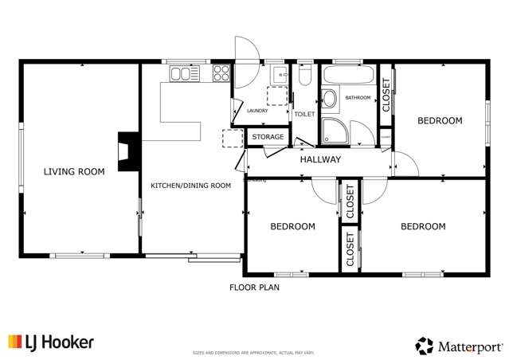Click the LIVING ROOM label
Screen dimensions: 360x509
click(x=74, y=171)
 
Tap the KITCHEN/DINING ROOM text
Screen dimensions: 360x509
click(x=191, y=186)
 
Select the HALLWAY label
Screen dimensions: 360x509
click(x=320, y=160)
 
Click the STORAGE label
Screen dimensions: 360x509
click(x=268, y=138)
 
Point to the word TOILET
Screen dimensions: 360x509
click(x=304, y=115)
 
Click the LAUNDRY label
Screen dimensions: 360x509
click(x=257, y=111)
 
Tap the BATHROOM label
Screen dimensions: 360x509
click(x=358, y=98)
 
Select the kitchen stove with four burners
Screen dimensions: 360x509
click(x=221, y=74)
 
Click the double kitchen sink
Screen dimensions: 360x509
click(x=183, y=74)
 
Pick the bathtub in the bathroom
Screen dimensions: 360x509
click(x=347, y=76)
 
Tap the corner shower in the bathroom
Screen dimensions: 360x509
click(x=334, y=132)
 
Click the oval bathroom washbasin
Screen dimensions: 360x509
click(x=329, y=100)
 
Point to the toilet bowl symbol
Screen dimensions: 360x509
click(x=303, y=77)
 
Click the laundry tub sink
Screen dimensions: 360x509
click(x=280, y=75)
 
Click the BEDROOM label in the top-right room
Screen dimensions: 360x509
click(x=440, y=121)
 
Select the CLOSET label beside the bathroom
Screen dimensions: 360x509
click(x=386, y=94)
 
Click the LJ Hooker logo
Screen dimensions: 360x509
click(x=51, y=342)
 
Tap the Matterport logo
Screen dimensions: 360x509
click(x=459, y=346)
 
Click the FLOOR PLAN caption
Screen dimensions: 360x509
click(x=254, y=288)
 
